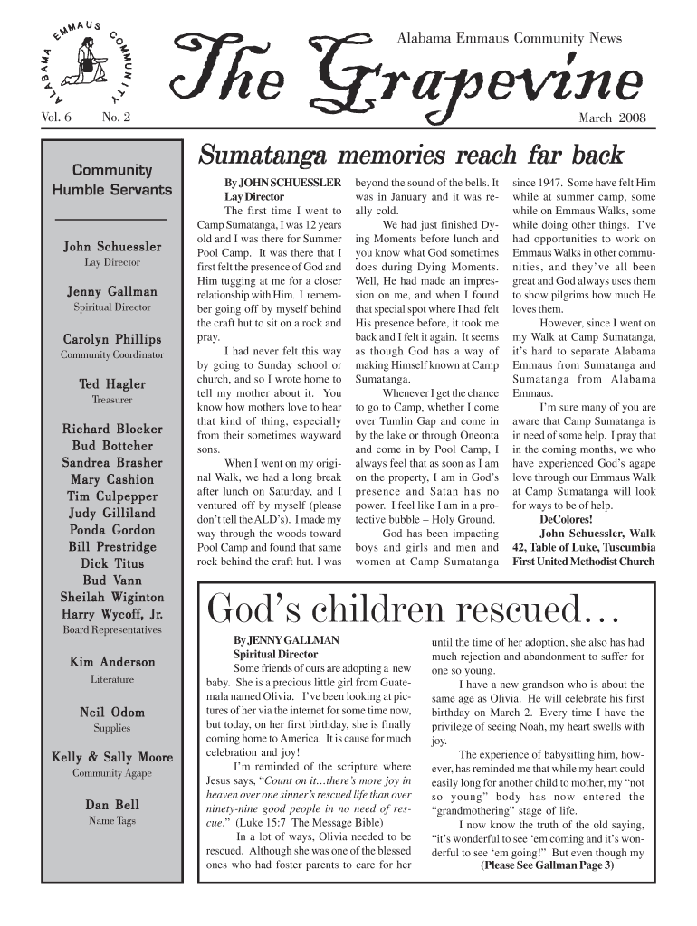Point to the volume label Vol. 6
[56, 118]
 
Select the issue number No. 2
[116, 118]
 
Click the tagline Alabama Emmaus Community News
[510, 39]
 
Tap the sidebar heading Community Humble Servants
[111, 180]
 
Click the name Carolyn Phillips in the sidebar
[111, 339]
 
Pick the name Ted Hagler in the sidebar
[111, 383]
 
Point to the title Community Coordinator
[111, 355]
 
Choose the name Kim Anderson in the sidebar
[111, 662]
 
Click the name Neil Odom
[111, 712]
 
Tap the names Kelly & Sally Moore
[111, 757]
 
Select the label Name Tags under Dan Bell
[111, 820]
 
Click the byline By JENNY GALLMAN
[273, 640]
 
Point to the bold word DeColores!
[566, 520]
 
